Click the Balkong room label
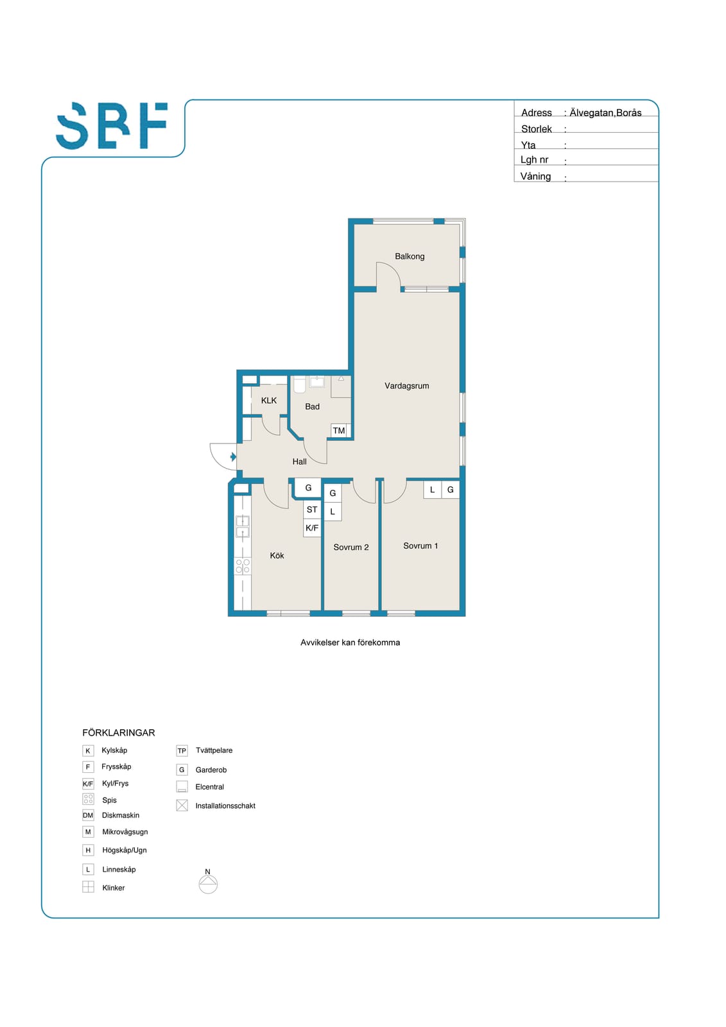410,256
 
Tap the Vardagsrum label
407,386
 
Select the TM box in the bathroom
339,431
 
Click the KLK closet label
269,401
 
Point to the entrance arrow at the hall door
234,456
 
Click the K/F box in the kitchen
312,528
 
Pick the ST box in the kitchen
312,510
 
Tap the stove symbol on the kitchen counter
243,567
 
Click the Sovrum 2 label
351,548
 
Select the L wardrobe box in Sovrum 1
432,490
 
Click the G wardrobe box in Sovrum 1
451,490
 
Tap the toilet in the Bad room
300,385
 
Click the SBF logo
112,126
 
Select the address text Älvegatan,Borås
605,113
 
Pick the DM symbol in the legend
88,815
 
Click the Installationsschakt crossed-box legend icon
182,806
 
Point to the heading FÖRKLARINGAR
119,732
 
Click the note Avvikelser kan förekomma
350,643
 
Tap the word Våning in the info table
535,177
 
